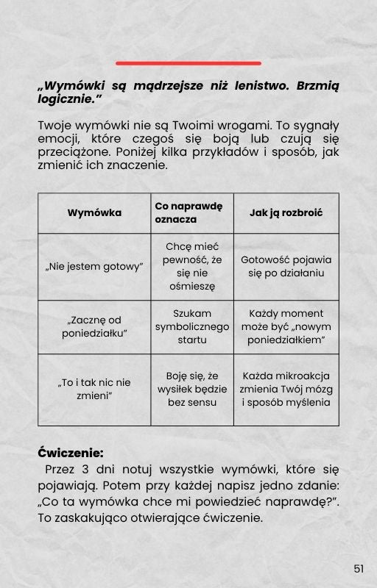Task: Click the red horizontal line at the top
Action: click(x=188, y=63)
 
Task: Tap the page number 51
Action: click(x=359, y=568)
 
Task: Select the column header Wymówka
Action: click(x=94, y=213)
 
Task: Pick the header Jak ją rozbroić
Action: click(x=286, y=213)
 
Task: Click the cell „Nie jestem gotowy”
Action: click(x=94, y=266)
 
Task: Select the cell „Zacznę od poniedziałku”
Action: click(x=94, y=326)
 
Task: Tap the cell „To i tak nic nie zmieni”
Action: click(x=94, y=389)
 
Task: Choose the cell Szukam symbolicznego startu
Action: click(x=192, y=326)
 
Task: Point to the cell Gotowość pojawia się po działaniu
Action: click(x=286, y=266)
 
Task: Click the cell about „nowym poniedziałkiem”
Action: click(x=286, y=326)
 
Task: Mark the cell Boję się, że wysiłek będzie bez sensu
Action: click(x=192, y=389)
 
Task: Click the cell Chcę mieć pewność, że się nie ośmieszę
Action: click(x=192, y=266)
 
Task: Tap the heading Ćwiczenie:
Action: click(x=71, y=453)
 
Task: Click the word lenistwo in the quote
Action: click(x=254, y=86)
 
